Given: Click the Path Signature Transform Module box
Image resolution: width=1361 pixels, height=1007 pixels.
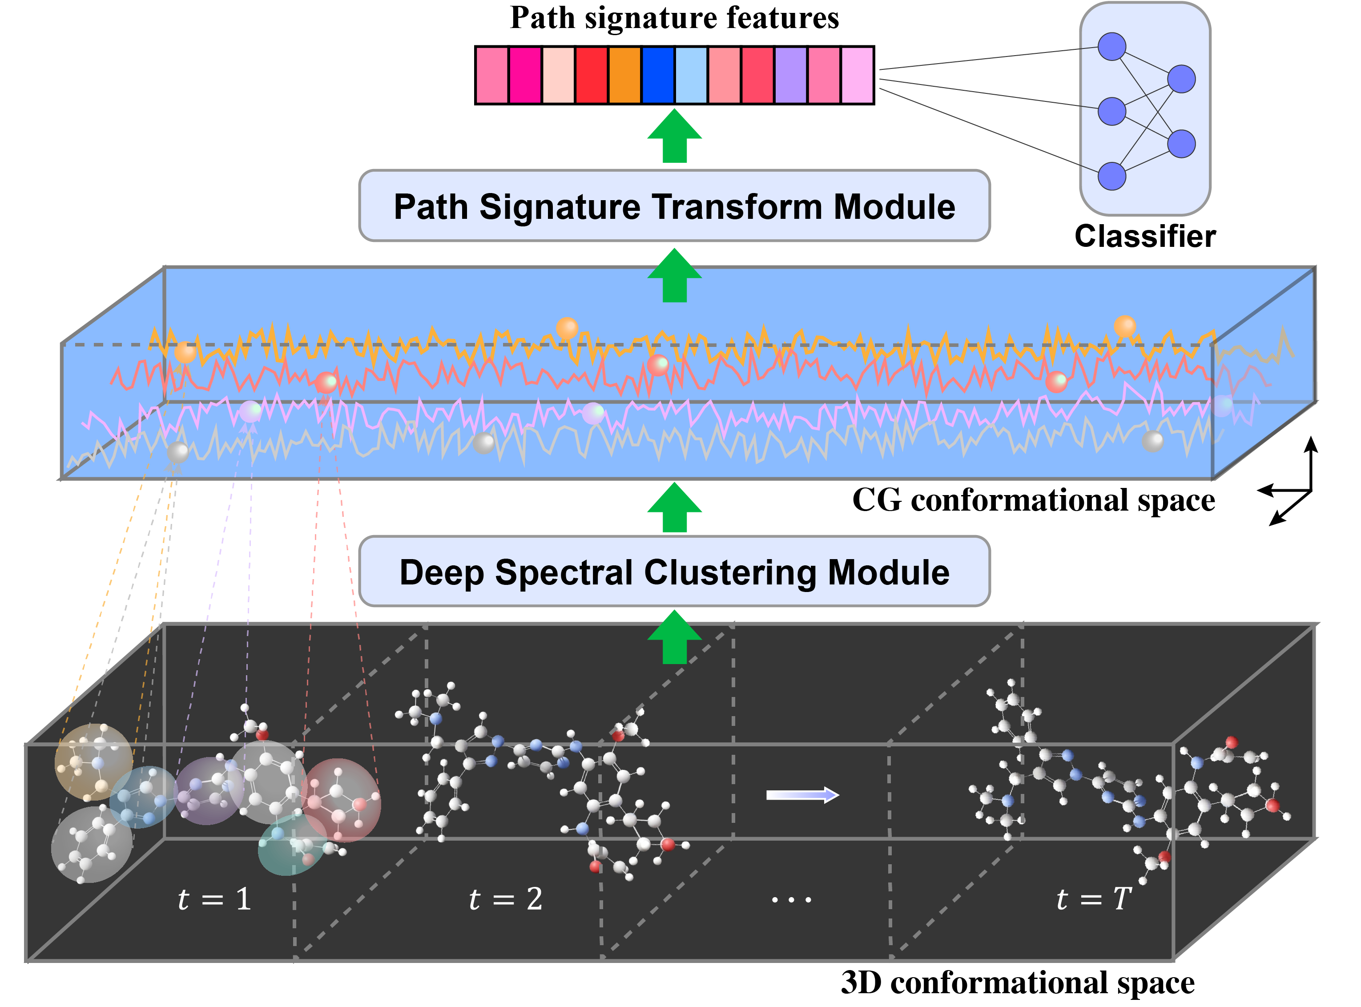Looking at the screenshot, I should pyautogui.click(x=674, y=206).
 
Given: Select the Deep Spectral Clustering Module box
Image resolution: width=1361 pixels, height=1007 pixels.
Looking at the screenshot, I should pyautogui.click(x=674, y=572).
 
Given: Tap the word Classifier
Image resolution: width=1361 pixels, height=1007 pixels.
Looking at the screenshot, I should pyautogui.click(x=1145, y=236).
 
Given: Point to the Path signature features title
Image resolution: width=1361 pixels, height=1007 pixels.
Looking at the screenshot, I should pyautogui.click(x=674, y=18).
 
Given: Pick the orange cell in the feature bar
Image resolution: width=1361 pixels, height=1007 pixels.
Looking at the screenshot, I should pyautogui.click(x=625, y=76).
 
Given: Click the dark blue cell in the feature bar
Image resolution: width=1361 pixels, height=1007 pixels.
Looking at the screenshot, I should pyautogui.click(x=658, y=76).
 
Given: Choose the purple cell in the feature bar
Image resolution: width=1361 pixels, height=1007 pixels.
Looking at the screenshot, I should pyautogui.click(x=790, y=76).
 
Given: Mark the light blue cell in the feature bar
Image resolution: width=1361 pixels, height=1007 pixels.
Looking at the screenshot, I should pyautogui.click(x=691, y=76).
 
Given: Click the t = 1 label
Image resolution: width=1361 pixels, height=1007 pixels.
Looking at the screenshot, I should pyautogui.click(x=214, y=899).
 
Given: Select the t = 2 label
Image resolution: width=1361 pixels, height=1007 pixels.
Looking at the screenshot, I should pyautogui.click(x=505, y=899).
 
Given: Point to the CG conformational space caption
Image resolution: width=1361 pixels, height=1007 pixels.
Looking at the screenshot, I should pyautogui.click(x=1033, y=500).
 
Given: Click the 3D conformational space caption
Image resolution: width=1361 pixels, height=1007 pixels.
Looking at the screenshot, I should pyautogui.click(x=1017, y=983).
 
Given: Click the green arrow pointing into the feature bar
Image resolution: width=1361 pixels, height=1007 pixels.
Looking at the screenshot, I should pyautogui.click(x=674, y=135).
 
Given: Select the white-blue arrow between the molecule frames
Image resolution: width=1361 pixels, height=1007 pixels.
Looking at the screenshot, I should pyautogui.click(x=802, y=795).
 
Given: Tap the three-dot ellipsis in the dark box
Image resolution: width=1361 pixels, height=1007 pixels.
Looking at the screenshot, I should pyautogui.click(x=791, y=900).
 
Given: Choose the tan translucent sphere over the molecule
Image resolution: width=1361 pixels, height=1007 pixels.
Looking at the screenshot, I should pyautogui.click(x=93, y=762).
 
